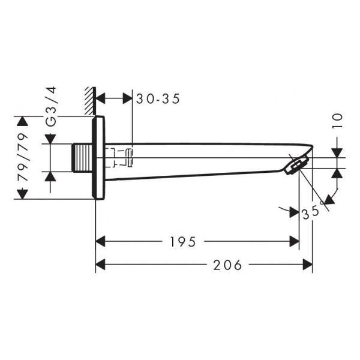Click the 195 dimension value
tap(182, 242)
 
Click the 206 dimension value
tap(227, 265)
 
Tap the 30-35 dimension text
tap(158, 99)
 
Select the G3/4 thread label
tap(51, 107)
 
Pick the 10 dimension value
tap(337, 121)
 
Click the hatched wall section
tap(90, 101)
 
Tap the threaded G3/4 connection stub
tap(82, 158)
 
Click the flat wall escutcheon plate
tap(98, 157)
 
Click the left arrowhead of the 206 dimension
tap(100, 265)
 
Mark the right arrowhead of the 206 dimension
tap(308, 265)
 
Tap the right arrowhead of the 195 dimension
tap(295, 242)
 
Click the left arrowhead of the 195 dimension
tap(100, 242)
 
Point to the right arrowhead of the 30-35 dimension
tap(128, 98)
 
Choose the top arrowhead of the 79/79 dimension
tap(23, 121)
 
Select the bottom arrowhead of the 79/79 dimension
tap(23, 194)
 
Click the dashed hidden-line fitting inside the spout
tap(119, 157)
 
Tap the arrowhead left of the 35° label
tap(295, 212)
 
